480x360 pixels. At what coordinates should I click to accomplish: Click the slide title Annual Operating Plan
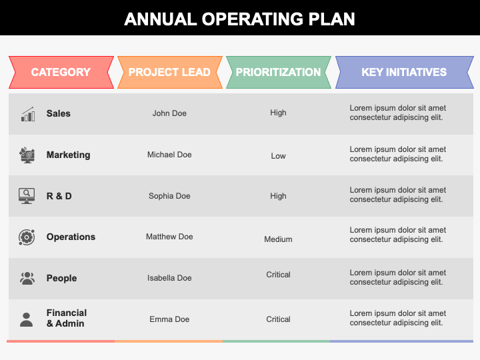point(240,18)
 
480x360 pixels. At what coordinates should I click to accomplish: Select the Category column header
point(61,72)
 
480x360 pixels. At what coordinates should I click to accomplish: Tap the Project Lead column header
point(169,72)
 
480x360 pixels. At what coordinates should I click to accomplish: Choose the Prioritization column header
point(278,72)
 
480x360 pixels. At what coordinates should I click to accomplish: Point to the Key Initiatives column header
point(404,72)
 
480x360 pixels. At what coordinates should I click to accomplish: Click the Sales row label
point(59,113)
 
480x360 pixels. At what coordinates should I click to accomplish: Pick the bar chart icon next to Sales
point(27,115)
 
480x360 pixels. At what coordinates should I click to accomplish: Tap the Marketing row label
point(68,155)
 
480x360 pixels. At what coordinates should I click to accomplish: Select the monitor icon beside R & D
point(27,196)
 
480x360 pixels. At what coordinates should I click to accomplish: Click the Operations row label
point(71,237)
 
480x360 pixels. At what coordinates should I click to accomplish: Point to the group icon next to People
point(27,278)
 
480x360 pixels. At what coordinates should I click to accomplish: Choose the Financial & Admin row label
point(66,318)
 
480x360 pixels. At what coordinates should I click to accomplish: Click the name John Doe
point(169,113)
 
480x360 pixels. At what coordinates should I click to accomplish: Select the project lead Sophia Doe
point(169,196)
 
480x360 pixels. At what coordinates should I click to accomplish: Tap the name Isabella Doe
point(169,278)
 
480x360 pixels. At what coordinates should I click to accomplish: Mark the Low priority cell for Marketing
point(278,156)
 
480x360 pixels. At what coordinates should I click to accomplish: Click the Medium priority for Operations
point(278,239)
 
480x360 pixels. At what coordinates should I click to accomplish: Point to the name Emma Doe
point(169,319)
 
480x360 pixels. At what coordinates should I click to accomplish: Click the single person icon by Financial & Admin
point(27,319)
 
